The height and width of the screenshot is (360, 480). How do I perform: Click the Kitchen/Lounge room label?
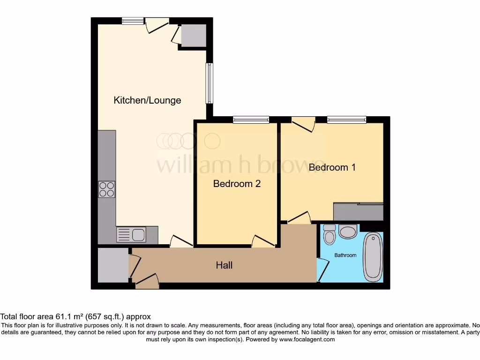pos(147,100)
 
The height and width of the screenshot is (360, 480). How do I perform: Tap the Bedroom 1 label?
pos(331,167)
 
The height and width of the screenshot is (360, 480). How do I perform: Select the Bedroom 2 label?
pos(237,184)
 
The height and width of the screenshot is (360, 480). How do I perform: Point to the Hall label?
pos(224,265)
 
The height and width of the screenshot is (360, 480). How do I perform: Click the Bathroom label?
pos(345,255)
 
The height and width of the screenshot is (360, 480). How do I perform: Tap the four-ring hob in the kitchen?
pos(106,189)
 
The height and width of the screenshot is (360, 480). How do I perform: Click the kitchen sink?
pos(131,234)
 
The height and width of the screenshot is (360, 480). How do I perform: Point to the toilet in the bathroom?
pos(330,235)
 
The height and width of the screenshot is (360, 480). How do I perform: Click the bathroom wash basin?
pos(347,232)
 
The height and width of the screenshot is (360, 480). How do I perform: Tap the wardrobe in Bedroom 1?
pos(358,211)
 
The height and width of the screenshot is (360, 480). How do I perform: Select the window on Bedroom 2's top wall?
pos(251,120)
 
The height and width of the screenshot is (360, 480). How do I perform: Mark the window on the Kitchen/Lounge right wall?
pos(210,83)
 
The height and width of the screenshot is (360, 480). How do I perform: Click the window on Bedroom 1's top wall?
pos(346,120)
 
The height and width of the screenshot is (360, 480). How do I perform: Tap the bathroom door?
pos(322,270)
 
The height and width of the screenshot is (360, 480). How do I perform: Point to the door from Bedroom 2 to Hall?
pos(262,241)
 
